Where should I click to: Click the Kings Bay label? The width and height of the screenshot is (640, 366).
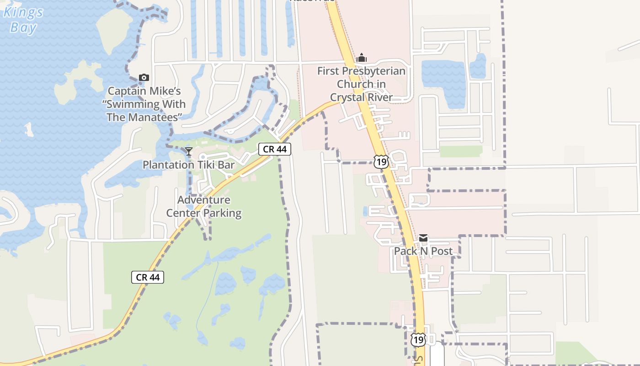[23, 19]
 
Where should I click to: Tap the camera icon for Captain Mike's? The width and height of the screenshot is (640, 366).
[144, 78]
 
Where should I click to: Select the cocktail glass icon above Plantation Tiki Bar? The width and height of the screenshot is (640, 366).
[188, 151]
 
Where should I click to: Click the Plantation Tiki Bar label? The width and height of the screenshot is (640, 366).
[188, 165]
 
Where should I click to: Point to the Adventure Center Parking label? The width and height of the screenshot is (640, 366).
[204, 206]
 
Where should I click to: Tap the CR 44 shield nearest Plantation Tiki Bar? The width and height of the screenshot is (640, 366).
[275, 149]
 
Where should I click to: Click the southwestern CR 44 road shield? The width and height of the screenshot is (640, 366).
[148, 277]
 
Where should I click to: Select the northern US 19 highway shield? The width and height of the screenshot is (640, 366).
[381, 161]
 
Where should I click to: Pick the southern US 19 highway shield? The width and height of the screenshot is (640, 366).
[418, 339]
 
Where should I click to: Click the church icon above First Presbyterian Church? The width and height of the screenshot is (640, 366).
[362, 58]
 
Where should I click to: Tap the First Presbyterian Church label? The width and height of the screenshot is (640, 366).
[361, 84]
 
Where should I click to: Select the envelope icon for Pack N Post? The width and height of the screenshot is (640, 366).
[423, 238]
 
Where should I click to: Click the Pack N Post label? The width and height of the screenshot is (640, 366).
[423, 251]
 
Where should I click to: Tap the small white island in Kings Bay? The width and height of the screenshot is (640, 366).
[29, 130]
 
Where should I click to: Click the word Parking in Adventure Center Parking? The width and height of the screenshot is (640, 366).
[222, 213]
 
